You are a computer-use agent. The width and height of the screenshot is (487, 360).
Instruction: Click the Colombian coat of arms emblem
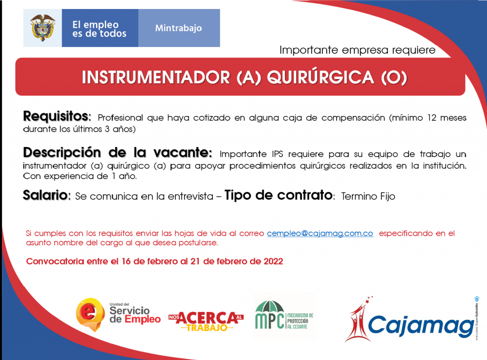click(42, 28)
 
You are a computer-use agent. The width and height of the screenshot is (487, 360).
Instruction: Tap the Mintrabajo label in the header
click(179, 28)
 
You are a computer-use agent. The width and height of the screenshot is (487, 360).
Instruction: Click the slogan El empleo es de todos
click(99, 29)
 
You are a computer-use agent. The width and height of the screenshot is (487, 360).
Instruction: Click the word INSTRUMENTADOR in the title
click(156, 78)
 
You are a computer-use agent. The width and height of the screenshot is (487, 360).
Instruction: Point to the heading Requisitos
click(57, 116)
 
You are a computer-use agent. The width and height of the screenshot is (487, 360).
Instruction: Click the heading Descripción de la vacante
click(118, 153)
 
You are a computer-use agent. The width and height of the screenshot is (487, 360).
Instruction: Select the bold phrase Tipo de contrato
click(278, 195)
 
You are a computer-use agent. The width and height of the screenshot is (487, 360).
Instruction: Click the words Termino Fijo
click(368, 196)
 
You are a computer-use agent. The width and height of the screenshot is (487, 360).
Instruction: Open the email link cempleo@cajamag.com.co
click(320, 234)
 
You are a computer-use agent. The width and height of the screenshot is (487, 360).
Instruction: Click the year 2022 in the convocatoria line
click(273, 261)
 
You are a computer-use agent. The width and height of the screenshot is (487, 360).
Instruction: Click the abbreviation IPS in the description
click(277, 154)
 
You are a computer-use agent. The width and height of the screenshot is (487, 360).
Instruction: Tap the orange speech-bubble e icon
click(90, 314)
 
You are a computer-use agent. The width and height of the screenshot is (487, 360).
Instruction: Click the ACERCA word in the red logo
click(206, 318)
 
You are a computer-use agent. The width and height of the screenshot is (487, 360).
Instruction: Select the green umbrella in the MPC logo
click(269, 306)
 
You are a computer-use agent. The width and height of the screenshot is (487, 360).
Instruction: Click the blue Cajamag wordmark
click(420, 326)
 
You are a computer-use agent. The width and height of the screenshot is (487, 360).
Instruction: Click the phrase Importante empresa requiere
click(358, 50)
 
